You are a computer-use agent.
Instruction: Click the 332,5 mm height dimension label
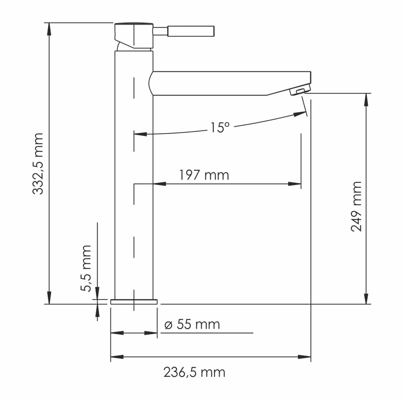tap(39, 163)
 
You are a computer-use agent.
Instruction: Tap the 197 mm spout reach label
tap(204, 175)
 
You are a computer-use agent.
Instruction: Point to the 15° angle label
tap(219, 128)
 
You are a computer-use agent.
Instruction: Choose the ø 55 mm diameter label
tap(192, 325)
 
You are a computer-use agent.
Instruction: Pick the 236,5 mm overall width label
tap(194, 372)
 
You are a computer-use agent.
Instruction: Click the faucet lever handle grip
tap(191, 31)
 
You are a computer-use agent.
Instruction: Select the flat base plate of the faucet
tap(134, 301)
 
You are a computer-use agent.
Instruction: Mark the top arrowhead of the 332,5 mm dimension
tap(49, 28)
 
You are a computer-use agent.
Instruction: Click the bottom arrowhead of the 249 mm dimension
tap(366, 298)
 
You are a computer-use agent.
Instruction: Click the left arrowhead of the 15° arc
tap(140, 134)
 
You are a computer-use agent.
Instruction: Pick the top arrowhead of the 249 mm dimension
tap(366, 98)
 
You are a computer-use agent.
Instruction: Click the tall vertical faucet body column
tap(134, 176)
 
